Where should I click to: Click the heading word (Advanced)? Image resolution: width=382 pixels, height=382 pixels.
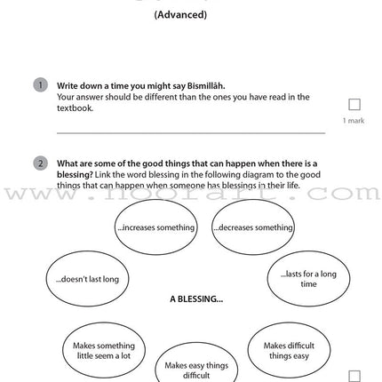point(180,15)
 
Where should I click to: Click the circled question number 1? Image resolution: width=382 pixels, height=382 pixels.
point(40,85)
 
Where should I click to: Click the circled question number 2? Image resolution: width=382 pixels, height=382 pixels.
point(40,163)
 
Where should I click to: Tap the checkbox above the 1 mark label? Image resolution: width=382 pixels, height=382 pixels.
point(354,105)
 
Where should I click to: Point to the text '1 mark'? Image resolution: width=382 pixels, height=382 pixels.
point(354,121)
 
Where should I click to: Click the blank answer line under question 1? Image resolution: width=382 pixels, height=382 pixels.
point(191,132)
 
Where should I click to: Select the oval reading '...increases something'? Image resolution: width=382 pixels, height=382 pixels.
point(155,227)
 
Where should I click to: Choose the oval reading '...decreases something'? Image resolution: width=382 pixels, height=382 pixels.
point(253,227)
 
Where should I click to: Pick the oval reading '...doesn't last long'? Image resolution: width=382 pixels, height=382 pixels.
point(81,279)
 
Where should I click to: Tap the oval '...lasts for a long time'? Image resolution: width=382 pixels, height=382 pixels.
point(308,279)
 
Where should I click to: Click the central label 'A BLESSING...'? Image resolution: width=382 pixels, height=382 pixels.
point(195,299)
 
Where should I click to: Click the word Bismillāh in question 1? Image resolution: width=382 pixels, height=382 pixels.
point(205,86)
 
